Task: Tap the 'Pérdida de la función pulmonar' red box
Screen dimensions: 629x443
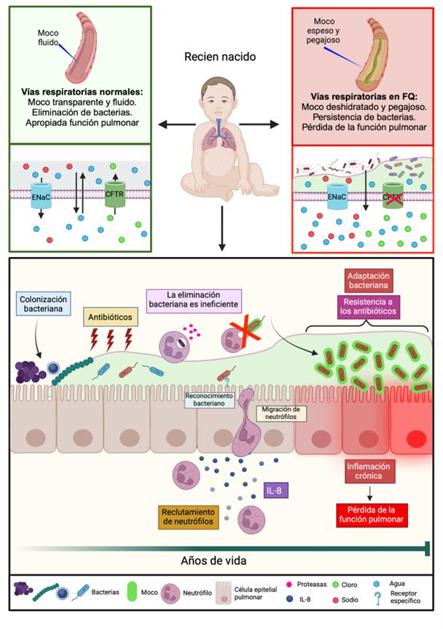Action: click(x=372, y=515)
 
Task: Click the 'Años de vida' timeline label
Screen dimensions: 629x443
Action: click(x=215, y=561)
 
